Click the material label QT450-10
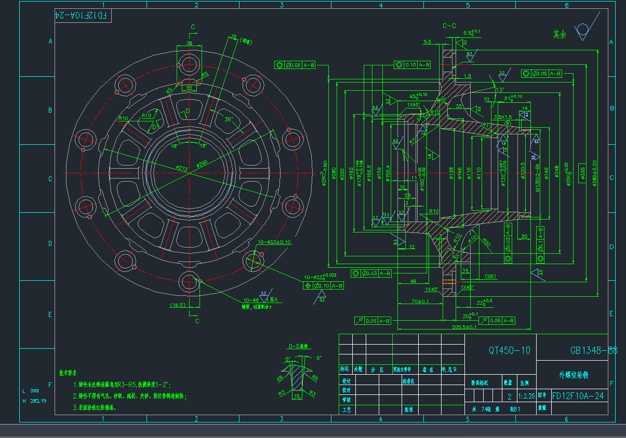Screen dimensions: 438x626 (510, 350)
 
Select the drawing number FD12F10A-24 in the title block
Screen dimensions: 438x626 (578, 396)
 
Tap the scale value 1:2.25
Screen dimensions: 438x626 (528, 396)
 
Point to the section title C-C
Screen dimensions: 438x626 (449, 25)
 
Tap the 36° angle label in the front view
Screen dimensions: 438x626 (228, 119)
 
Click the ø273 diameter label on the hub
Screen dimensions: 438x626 (181, 169)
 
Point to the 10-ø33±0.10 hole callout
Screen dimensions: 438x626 (274, 242)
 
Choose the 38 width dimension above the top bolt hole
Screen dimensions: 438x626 (189, 43)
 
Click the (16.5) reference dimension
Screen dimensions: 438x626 (178, 305)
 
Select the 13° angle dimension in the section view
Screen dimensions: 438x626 (500, 89)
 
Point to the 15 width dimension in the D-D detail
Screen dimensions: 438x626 (297, 396)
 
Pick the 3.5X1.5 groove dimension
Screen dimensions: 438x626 (502, 117)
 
